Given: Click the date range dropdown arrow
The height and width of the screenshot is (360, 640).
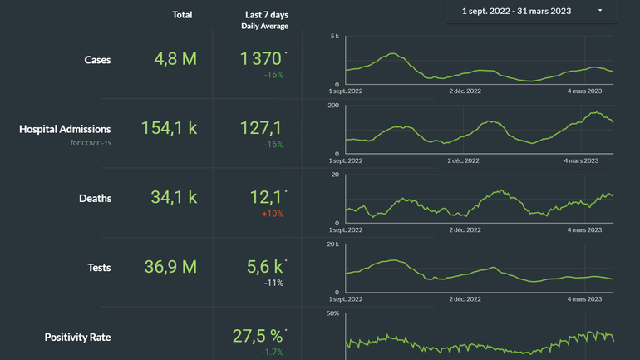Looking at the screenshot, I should click(600, 11).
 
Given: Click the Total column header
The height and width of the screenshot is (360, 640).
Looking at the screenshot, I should click(182, 15).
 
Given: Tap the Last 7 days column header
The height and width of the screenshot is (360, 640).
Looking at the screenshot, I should click(267, 15).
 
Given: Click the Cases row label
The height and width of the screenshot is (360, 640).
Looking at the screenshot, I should click(97, 60).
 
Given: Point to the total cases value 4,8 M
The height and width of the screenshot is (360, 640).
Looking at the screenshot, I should click(175, 59).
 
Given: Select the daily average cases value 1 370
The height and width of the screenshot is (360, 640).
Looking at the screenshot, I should click(261, 59).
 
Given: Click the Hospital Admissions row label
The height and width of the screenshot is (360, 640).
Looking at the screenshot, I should click(65, 129).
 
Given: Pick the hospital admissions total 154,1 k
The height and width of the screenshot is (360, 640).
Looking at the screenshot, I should click(169, 128).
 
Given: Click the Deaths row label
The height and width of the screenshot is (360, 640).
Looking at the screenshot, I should click(95, 199).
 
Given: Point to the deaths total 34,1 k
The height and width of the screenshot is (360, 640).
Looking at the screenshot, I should click(175, 198).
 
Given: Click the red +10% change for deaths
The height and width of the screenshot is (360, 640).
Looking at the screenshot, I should click(273, 214).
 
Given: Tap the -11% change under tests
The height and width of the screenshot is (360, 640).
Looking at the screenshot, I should click(274, 283).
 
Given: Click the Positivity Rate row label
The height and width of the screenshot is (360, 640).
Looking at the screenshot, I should click(77, 337).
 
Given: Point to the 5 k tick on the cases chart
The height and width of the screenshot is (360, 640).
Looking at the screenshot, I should click(334, 37).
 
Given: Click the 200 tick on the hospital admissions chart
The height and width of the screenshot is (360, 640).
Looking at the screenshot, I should click(332, 106).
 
